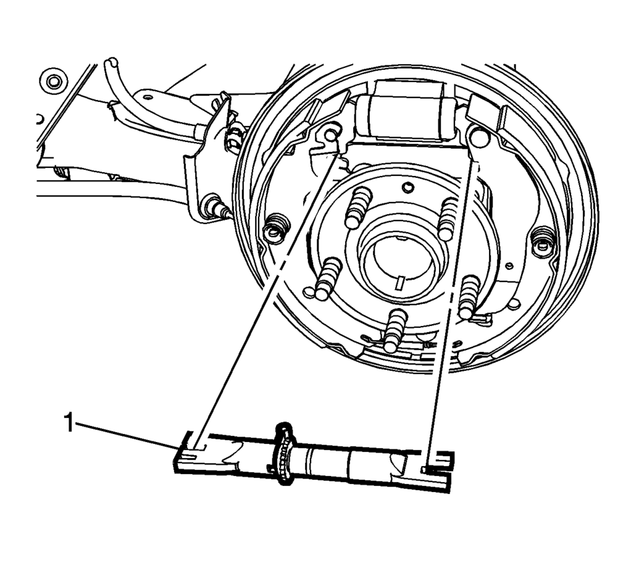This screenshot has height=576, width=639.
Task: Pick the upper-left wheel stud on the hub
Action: pos(358,207)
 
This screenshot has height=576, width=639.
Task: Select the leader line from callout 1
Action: pos(126,435)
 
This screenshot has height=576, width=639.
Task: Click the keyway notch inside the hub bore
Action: pos(401,282)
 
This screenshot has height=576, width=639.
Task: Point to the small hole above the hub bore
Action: pos(406,187)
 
